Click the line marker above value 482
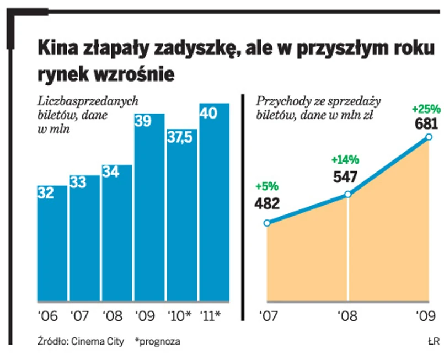[267, 223]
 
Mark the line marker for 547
[348, 194]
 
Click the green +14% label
[345, 160]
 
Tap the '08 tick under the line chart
[347, 316]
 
